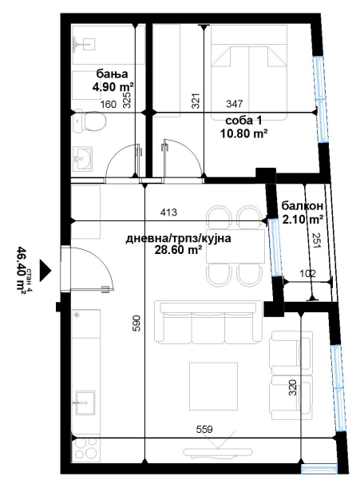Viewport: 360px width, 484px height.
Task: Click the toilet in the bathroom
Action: (89, 122)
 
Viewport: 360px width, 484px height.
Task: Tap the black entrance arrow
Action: (45, 270)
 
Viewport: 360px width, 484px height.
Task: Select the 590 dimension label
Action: (136, 323)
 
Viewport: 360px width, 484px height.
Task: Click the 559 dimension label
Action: (204, 429)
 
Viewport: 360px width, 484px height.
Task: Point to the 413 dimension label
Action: (168, 212)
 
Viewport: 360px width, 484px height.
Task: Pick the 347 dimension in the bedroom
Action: (235, 103)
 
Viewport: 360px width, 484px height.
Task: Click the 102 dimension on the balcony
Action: (307, 273)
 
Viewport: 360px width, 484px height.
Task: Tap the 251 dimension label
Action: (317, 240)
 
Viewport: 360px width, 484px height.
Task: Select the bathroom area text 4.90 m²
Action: (113, 87)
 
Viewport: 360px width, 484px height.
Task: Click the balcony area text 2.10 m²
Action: (303, 220)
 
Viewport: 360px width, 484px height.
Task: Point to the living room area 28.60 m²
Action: (178, 249)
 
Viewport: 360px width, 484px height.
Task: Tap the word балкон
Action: (303, 205)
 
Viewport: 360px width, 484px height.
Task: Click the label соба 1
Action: (243, 120)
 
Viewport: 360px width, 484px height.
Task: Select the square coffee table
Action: (213, 386)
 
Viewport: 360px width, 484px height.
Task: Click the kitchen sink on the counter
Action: (85, 402)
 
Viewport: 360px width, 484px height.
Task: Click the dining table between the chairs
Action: (235, 246)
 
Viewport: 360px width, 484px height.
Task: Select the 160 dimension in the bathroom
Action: (109, 105)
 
